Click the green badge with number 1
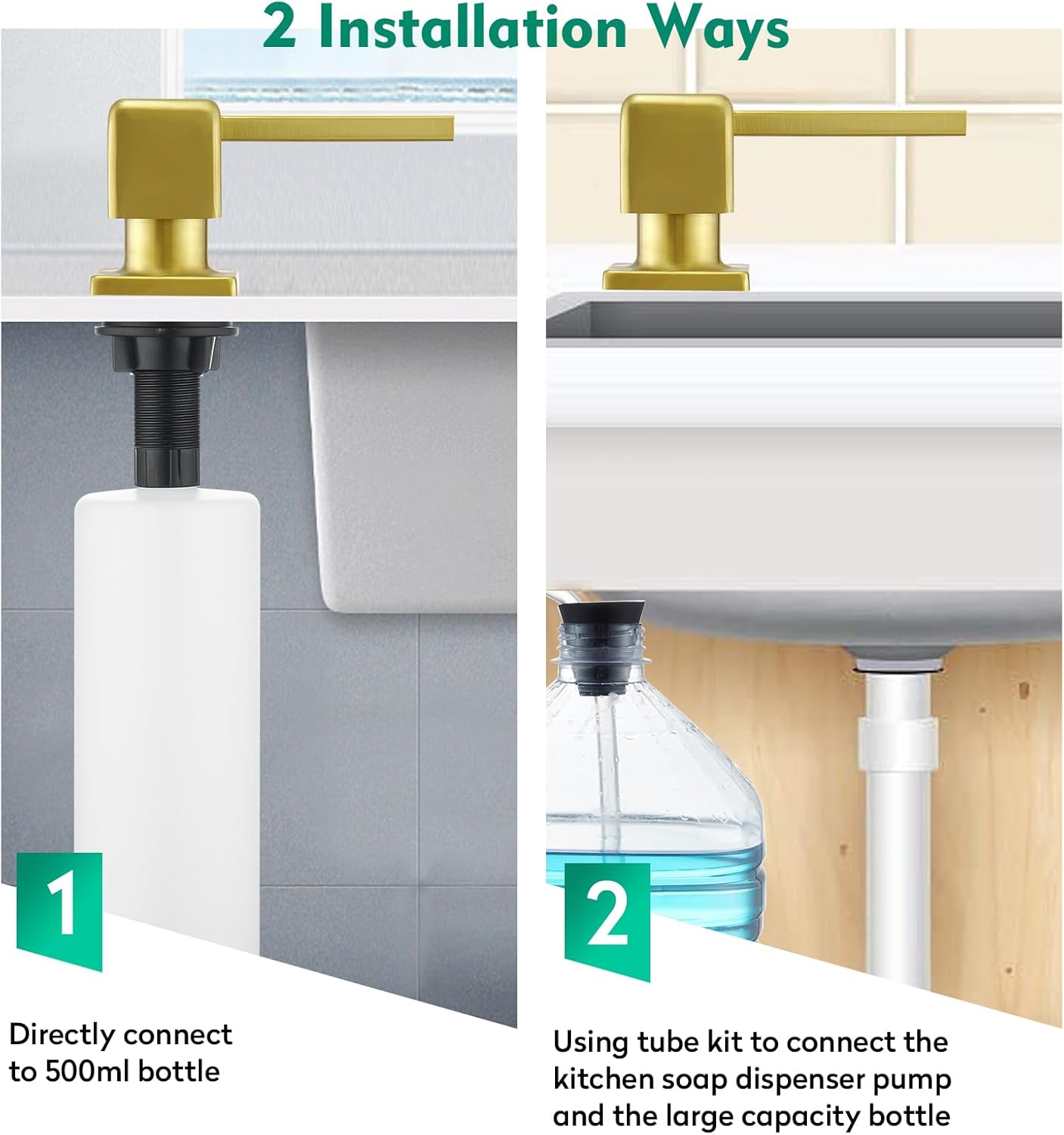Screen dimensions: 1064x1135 [60, 912]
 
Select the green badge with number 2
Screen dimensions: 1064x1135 [606, 922]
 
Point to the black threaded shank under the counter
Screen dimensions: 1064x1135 [166, 408]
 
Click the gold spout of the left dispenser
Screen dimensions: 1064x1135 [337, 128]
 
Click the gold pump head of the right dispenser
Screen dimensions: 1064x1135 [677, 154]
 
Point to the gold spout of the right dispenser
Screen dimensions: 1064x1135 [850, 123]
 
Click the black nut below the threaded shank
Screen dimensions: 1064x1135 [167, 466]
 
